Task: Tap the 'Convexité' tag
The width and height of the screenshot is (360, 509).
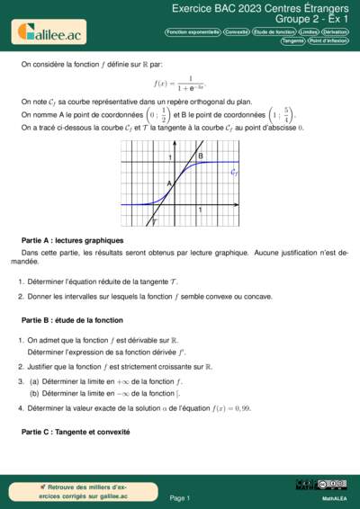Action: (x=237, y=31)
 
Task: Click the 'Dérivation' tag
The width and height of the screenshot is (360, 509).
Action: (x=335, y=31)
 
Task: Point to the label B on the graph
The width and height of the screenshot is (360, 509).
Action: (x=201, y=156)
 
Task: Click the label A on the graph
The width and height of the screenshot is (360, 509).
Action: (x=167, y=183)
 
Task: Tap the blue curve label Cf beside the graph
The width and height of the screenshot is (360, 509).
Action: (x=235, y=170)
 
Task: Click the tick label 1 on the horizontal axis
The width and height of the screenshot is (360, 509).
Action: (x=200, y=210)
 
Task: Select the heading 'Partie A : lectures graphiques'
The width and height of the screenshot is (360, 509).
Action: (x=72, y=240)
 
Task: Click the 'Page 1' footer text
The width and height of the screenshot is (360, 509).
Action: (x=179, y=497)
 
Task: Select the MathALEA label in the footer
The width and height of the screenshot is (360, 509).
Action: (x=335, y=497)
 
